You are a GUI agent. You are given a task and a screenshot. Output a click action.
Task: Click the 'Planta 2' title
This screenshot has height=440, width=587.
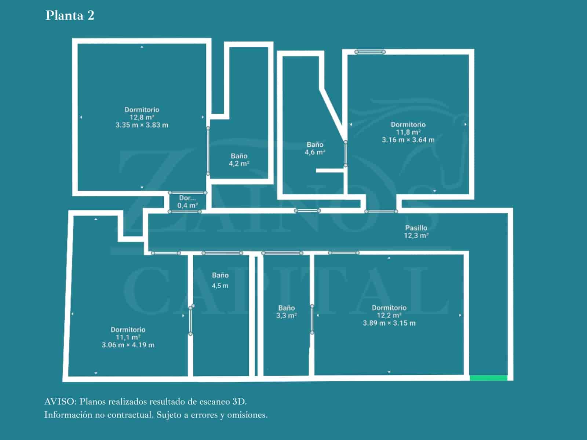(x=70, y=15)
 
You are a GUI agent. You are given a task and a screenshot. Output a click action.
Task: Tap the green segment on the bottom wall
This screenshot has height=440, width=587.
(x=488, y=378)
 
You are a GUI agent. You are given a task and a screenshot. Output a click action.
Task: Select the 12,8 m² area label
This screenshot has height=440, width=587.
(x=142, y=117)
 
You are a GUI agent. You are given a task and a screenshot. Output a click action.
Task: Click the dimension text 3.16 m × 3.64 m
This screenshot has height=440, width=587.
(x=408, y=140)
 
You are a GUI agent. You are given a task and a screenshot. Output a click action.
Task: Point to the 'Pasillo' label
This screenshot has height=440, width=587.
(x=416, y=228)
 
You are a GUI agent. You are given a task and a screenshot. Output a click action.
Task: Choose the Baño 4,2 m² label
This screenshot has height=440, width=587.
(x=239, y=160)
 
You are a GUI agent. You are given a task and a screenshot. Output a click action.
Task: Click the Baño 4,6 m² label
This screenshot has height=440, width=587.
(x=315, y=148)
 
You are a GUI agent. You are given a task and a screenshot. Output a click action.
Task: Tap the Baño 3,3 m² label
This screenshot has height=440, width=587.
(x=286, y=312)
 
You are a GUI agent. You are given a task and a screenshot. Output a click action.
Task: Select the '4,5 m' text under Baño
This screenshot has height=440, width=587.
(x=220, y=286)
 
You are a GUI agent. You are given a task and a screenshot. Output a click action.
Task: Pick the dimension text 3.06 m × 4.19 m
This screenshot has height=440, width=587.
(x=128, y=345)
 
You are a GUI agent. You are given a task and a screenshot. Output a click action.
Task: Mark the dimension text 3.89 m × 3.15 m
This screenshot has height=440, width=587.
(x=389, y=323)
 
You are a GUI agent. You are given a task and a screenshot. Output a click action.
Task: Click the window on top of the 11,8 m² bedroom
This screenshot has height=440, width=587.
(x=370, y=52)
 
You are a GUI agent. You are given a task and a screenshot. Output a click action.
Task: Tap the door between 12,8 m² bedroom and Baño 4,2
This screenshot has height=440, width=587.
(x=208, y=151)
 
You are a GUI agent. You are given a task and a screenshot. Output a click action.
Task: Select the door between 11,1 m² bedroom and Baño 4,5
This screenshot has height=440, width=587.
(x=190, y=320)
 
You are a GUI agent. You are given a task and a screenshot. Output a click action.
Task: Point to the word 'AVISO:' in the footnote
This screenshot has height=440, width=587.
(x=60, y=401)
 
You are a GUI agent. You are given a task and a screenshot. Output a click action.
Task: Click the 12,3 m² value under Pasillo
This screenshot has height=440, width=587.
(x=416, y=235)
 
